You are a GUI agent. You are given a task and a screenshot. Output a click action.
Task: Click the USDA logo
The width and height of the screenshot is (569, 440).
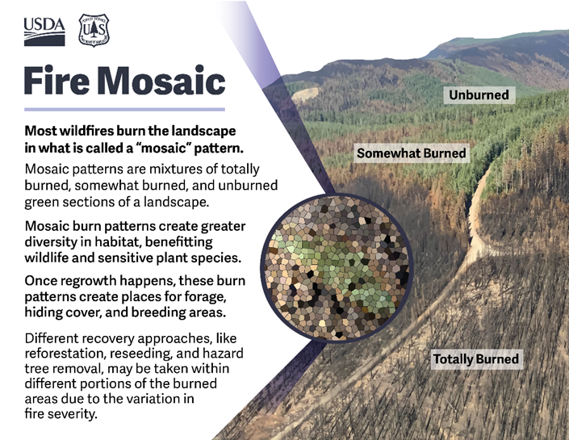44,31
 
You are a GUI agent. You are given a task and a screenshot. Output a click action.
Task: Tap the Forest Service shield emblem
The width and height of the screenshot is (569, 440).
94,30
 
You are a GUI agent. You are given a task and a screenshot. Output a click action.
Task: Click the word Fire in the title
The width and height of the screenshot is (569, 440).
56,80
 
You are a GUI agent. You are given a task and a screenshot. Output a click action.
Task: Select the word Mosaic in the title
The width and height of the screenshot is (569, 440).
161,80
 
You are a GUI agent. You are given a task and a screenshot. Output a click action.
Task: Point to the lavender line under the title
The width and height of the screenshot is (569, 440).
124,109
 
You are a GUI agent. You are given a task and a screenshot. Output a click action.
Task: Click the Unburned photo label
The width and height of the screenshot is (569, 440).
479,95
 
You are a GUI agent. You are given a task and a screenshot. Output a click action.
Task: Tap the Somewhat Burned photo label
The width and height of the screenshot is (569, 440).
412,153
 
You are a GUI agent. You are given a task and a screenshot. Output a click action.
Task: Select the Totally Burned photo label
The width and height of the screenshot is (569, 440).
476,359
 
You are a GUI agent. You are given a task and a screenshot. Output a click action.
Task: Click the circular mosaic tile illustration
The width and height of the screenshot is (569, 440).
337,267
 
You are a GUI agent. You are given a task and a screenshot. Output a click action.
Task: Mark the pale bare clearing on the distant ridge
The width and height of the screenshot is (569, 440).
306,94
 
